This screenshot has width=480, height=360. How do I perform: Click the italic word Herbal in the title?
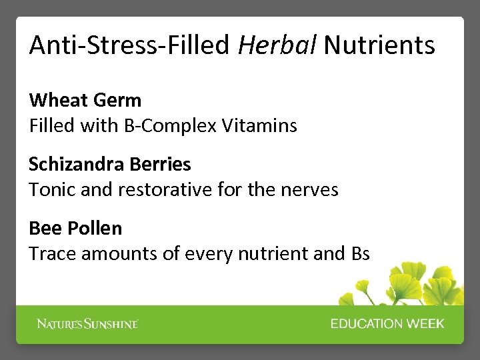[x=277, y=45]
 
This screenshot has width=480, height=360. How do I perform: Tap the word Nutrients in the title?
[x=379, y=45]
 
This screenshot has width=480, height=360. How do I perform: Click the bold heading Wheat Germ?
[x=85, y=101]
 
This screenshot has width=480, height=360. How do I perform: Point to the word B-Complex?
[x=171, y=125]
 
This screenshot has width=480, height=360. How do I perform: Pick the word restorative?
[x=165, y=189]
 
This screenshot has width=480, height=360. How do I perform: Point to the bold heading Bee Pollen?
[x=75, y=229]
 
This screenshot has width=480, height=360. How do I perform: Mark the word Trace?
[x=49, y=253]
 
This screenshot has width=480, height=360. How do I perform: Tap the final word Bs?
[x=359, y=253]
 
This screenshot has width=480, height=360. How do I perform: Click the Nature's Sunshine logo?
[x=87, y=324]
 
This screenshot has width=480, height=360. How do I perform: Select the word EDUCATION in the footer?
[x=365, y=324]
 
